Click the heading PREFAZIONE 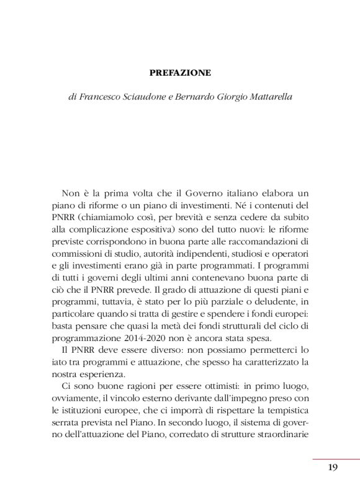pyautogui.click(x=180, y=73)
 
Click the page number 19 pyautogui.click(x=333, y=467)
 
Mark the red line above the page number pyautogui.click(x=335, y=459)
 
